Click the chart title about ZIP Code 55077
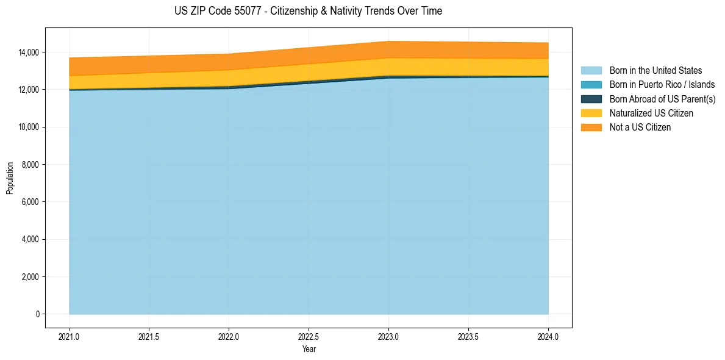308,11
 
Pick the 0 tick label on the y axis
37,314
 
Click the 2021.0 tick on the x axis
70,336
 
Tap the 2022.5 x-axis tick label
309,336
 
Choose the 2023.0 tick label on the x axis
388,336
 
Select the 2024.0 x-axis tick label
548,336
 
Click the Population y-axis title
10,178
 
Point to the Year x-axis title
309,349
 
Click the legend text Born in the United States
655,71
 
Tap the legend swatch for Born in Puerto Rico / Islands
591,85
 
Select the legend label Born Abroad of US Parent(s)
662,99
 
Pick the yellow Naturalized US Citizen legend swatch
591,113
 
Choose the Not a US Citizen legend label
640,127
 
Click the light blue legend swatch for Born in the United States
591,71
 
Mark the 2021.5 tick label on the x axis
149,336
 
